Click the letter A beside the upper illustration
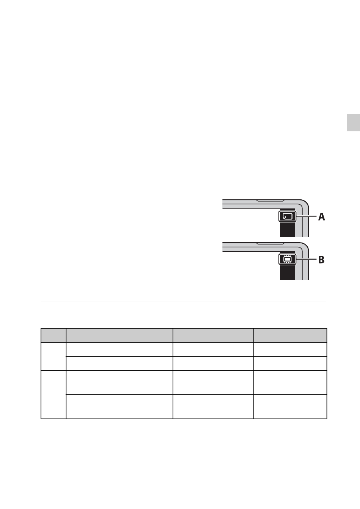(321, 217)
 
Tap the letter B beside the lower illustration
(321, 260)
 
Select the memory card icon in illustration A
(288, 216)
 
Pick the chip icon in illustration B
(288, 259)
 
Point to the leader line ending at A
(307, 216)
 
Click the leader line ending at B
(307, 259)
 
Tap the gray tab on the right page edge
(353, 123)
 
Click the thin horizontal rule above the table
(183, 302)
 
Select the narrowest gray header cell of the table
(53, 335)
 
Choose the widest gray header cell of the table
(119, 335)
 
